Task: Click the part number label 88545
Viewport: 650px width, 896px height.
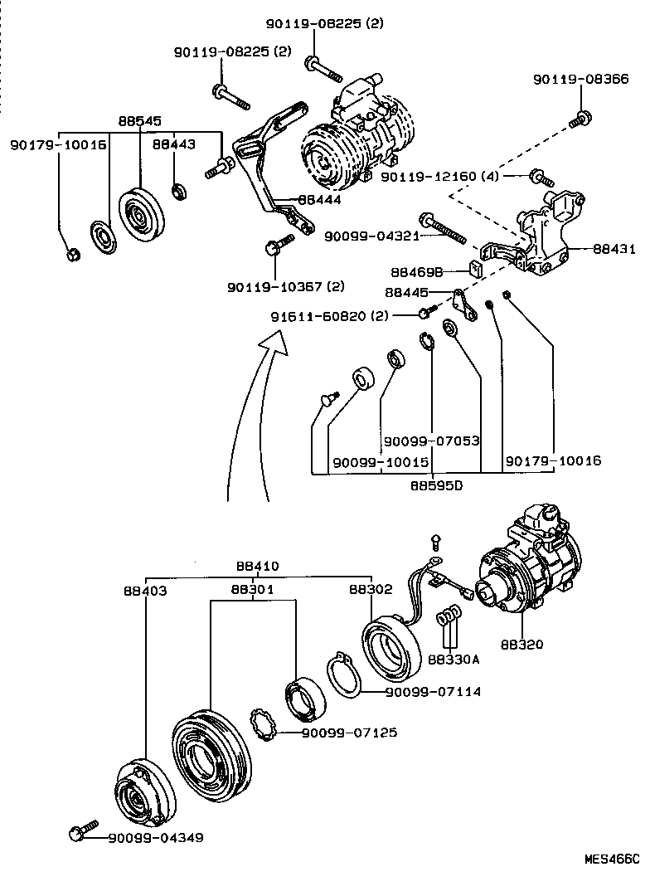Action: tap(139, 121)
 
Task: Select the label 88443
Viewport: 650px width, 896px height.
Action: tap(174, 144)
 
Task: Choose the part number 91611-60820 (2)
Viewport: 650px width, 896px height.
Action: tap(330, 316)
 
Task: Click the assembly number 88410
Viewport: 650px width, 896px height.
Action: tap(257, 567)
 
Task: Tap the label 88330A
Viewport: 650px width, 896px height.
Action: tap(454, 660)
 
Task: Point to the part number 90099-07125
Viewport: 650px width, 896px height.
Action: tap(349, 733)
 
